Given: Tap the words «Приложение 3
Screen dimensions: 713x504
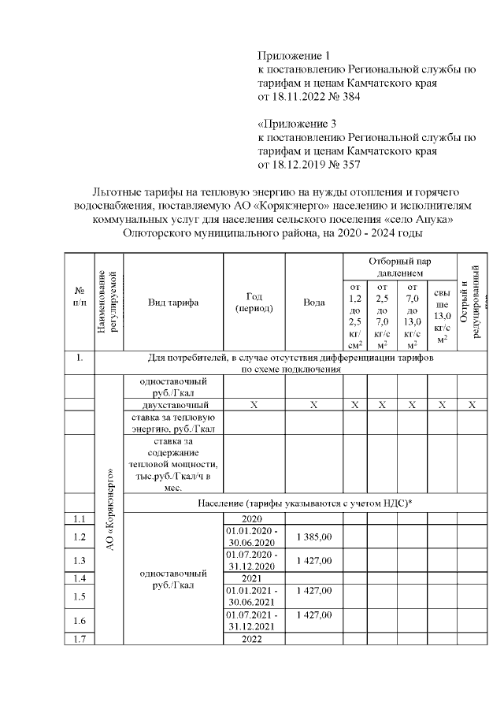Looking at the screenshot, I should pyautogui.click(x=297, y=124).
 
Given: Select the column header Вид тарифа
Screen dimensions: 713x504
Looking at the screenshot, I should pyautogui.click(x=173, y=303).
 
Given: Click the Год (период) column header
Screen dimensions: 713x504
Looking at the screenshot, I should pyautogui.click(x=254, y=303).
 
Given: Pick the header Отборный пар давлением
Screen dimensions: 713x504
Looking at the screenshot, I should pyautogui.click(x=397, y=266).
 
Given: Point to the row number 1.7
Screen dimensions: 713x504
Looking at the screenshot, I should pyautogui.click(x=78, y=639).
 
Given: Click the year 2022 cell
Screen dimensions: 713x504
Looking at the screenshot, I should pyautogui.click(x=254, y=639).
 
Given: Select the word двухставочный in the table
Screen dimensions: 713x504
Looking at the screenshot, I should pyautogui.click(x=173, y=404).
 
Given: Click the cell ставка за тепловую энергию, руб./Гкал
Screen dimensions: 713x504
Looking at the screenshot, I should pyautogui.click(x=173, y=422).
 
